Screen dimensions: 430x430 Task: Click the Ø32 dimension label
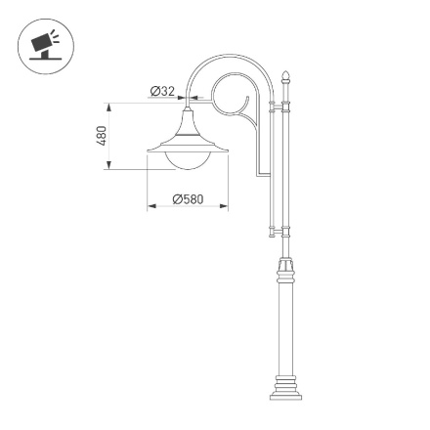pos(162,91)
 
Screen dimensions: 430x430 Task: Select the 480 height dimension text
pos(102,135)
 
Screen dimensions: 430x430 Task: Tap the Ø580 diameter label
pos(188,199)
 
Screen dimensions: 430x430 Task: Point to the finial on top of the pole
pos(286,76)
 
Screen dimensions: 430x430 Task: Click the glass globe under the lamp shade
pos(187,157)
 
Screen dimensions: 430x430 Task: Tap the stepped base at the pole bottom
pos(286,387)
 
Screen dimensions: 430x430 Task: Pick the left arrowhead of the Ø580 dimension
pos(150,207)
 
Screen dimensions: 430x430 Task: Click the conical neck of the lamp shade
pos(187,122)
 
